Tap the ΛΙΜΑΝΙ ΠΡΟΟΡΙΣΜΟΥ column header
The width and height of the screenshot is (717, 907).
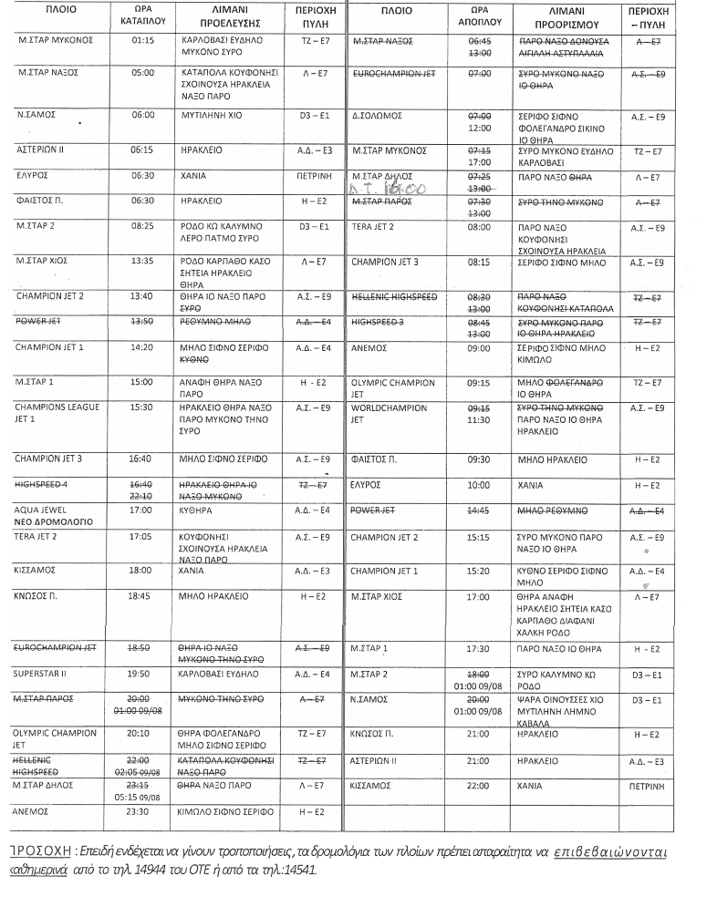point(563,15)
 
